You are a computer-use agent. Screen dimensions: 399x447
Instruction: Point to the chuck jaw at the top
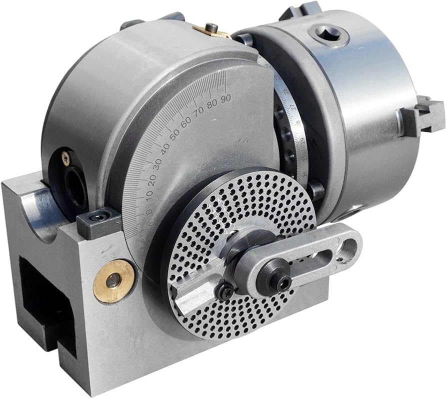pyautogui.click(x=300, y=10)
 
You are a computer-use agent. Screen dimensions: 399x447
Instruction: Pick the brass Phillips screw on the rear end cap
pyautogui.click(x=65, y=158)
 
